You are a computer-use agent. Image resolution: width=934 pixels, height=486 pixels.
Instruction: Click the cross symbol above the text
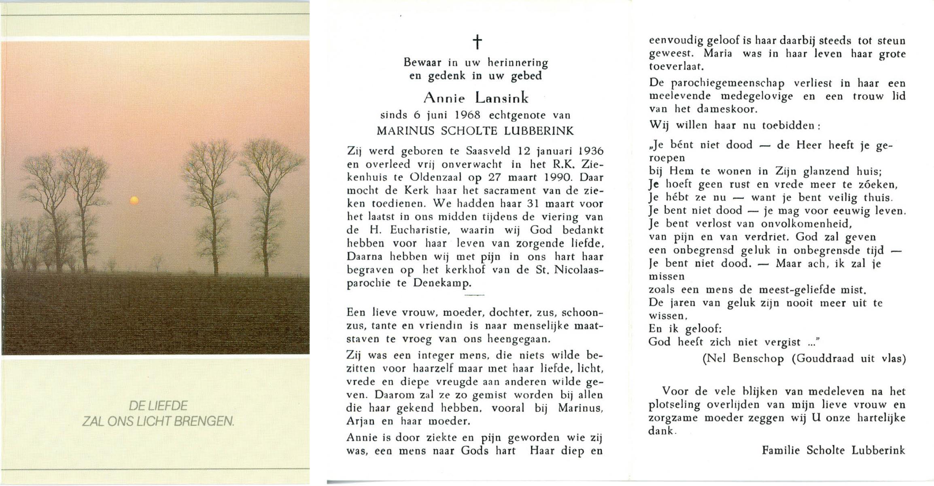[x=477, y=42]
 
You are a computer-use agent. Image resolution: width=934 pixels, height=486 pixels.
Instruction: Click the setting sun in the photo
[x=134, y=200]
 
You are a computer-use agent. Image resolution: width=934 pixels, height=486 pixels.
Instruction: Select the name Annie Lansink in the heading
[x=476, y=98]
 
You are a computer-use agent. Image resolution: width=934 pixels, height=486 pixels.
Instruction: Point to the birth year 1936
[x=591, y=151]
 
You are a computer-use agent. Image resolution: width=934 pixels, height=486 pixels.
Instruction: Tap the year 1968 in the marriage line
[x=467, y=115]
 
